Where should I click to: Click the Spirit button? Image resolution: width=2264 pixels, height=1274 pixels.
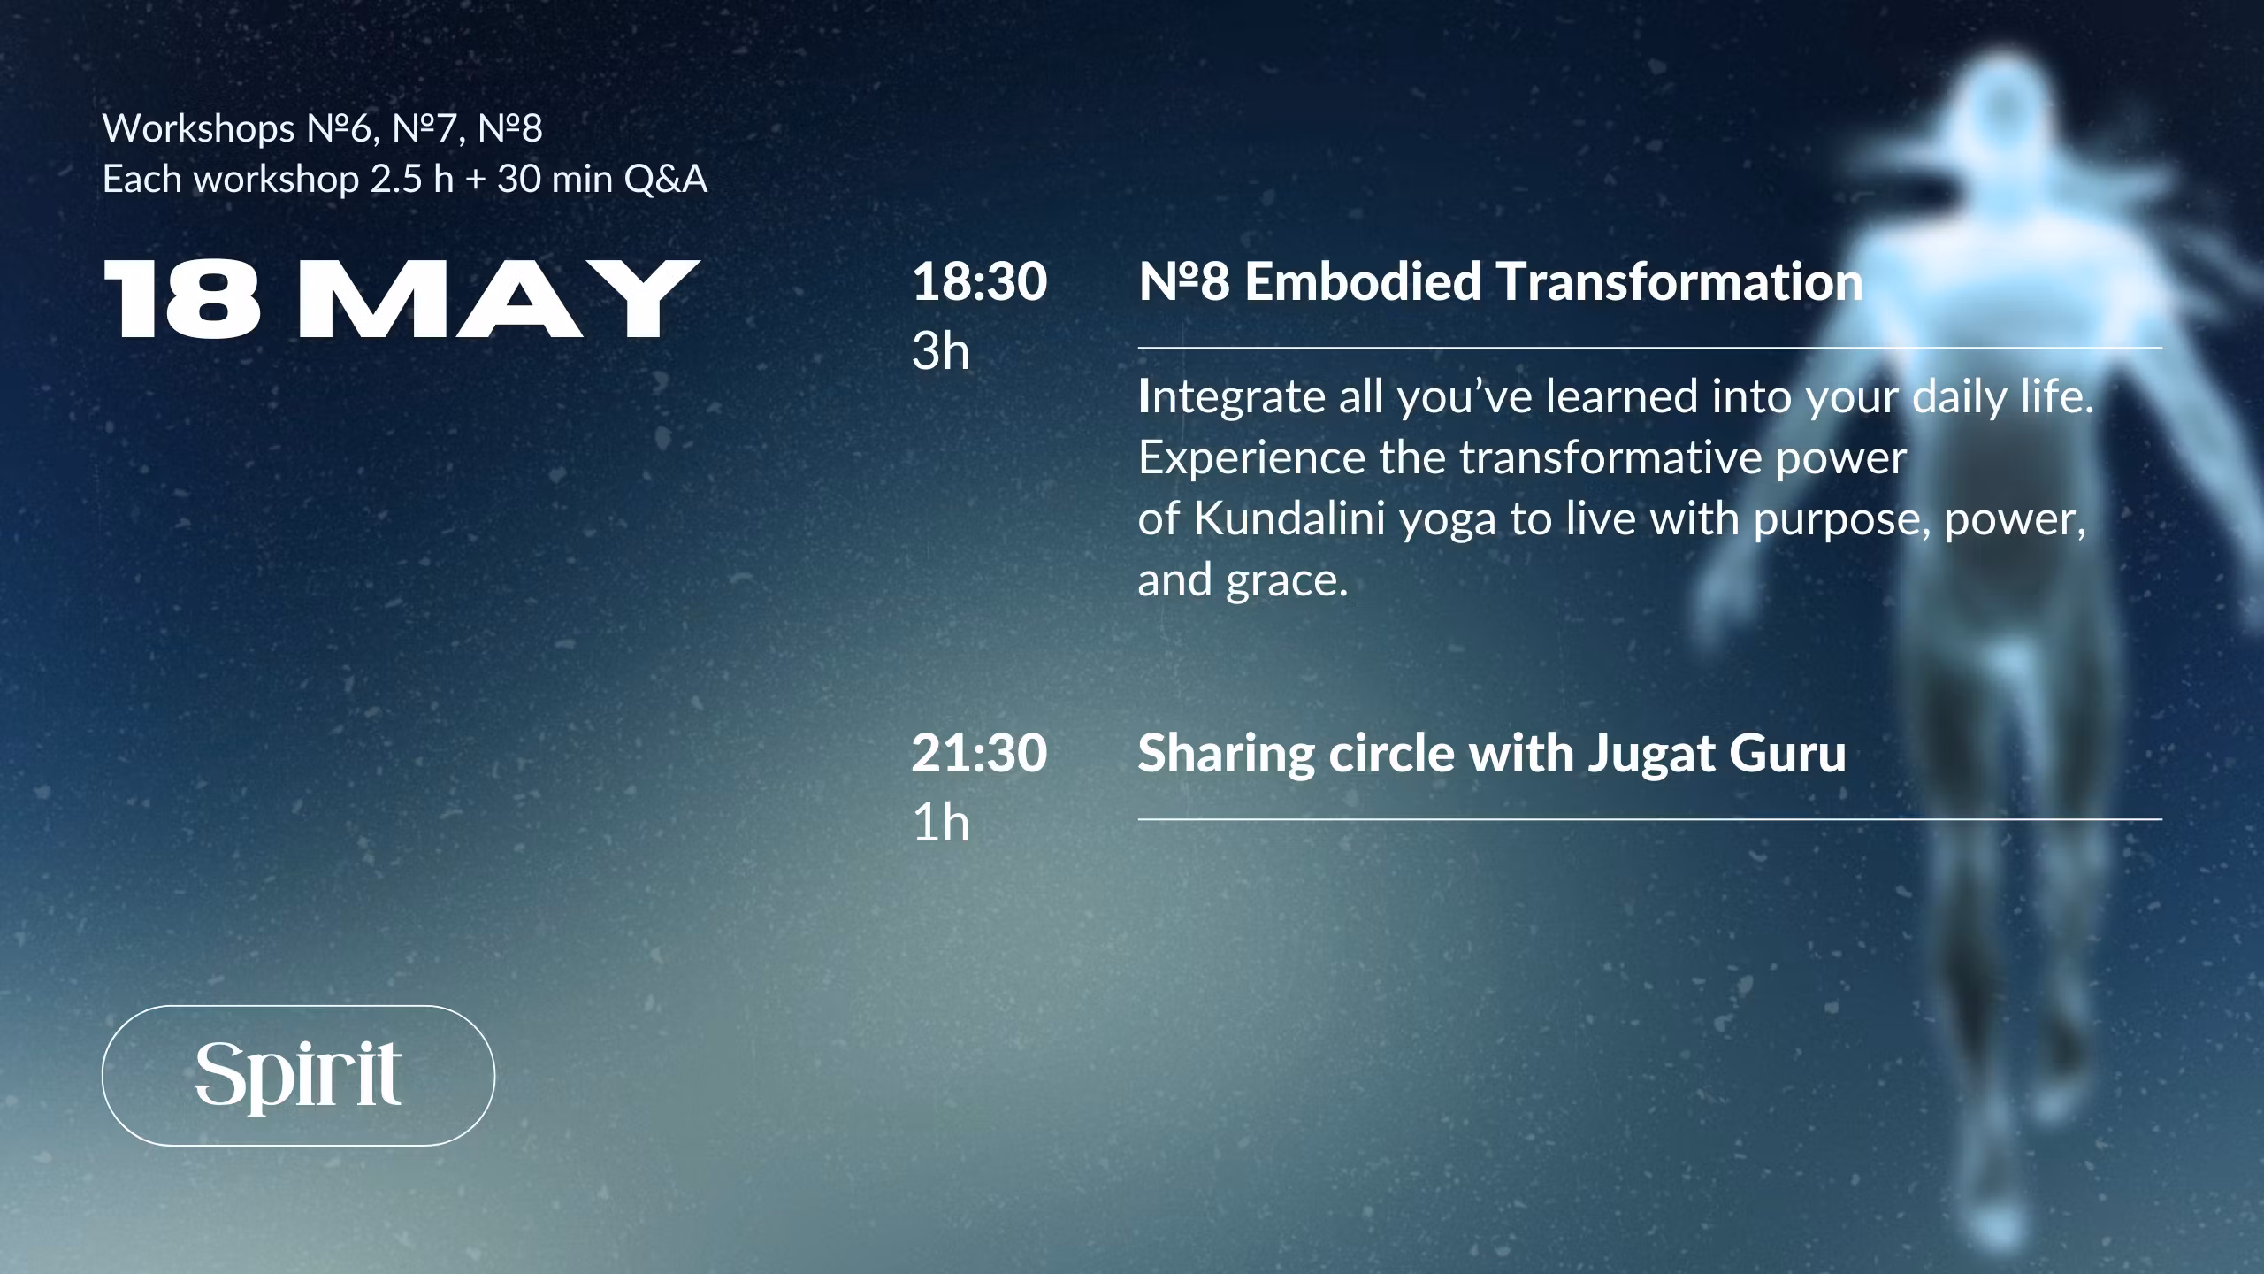[x=298, y=1075]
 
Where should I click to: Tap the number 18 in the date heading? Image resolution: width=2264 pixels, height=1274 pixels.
[x=183, y=299]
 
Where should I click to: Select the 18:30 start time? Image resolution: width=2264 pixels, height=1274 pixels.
[x=979, y=281]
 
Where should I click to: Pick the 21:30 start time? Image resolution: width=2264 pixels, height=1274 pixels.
[x=979, y=753]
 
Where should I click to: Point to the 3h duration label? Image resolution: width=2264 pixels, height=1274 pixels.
[x=940, y=351]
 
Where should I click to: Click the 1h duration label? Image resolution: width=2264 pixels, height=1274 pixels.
[x=940, y=823]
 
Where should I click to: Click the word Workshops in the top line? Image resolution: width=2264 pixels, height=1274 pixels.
[x=199, y=129]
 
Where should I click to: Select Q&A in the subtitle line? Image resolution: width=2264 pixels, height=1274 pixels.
[x=666, y=180]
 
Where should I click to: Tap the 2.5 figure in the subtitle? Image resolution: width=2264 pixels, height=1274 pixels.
[x=398, y=180]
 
